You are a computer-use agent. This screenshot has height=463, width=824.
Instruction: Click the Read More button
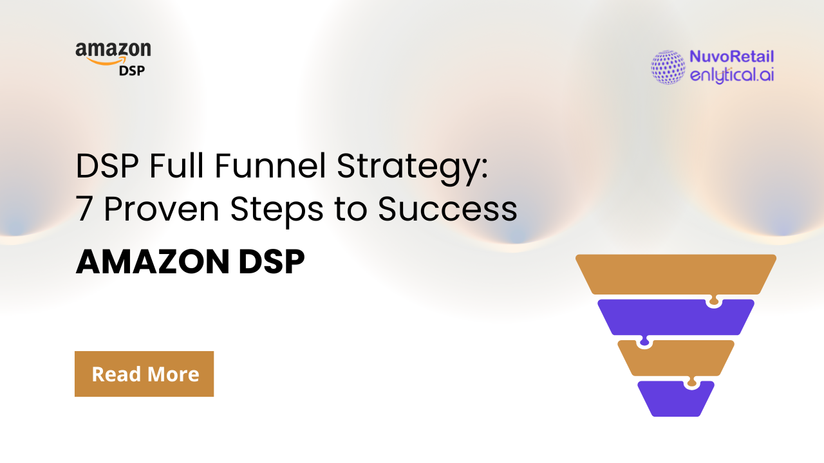pyautogui.click(x=144, y=374)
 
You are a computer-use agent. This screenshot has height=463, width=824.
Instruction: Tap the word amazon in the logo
pyautogui.click(x=113, y=50)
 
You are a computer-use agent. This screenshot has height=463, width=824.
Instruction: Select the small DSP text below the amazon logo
pyautogui.click(x=132, y=70)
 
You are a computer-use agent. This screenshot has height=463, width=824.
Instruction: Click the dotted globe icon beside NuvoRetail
pyautogui.click(x=668, y=67)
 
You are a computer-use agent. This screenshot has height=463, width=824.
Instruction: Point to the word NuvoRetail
pyautogui.click(x=731, y=57)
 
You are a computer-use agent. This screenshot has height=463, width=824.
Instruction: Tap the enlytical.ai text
pyautogui.click(x=731, y=75)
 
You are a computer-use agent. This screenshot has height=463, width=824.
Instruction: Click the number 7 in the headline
pyautogui.click(x=83, y=210)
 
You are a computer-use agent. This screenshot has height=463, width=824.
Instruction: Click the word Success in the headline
pyautogui.click(x=447, y=210)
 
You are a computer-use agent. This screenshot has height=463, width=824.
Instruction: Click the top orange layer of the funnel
pyautogui.click(x=675, y=273)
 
